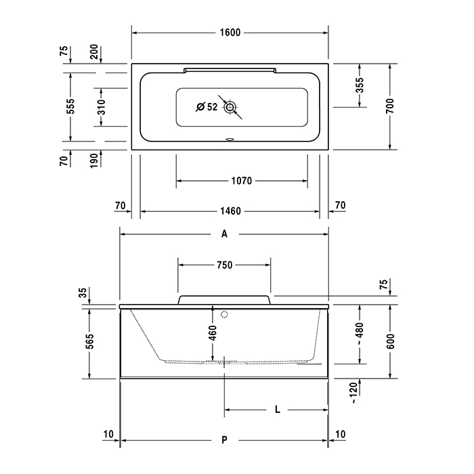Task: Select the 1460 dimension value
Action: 230,211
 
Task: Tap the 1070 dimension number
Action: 241,181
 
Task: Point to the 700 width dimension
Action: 390,106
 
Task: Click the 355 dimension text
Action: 360,85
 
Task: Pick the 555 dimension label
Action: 70,106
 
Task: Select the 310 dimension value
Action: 100,107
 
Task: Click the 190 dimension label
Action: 100,160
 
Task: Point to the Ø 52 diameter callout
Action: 206,107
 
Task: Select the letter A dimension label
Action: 224,234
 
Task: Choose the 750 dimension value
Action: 225,265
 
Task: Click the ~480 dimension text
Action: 360,332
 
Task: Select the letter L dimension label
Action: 278,410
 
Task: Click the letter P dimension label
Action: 224,441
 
